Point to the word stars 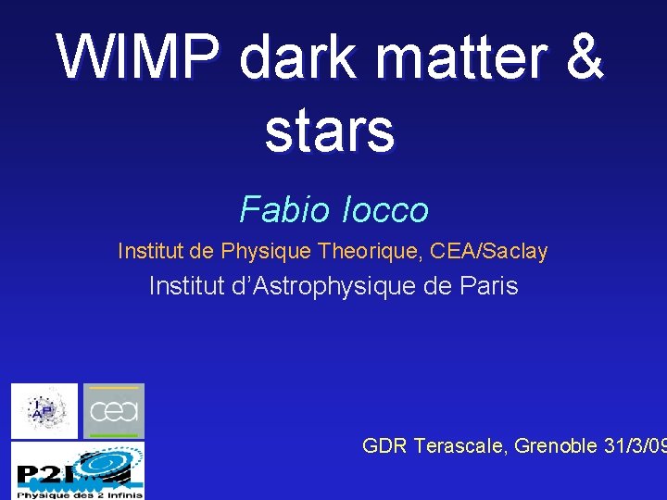pos(330,131)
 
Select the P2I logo pos(78,470)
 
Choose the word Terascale pos(458,446)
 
